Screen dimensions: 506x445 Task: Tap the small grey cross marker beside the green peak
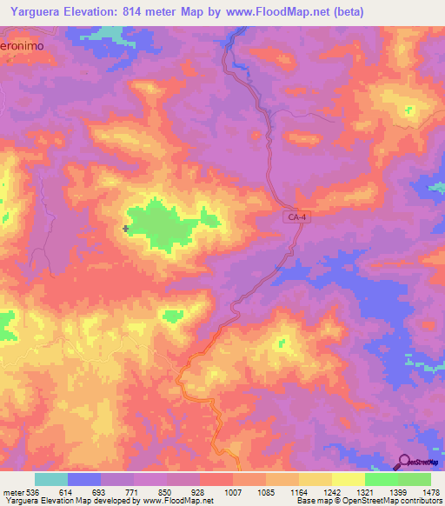click(x=127, y=229)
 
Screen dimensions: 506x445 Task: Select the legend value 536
click(x=34, y=491)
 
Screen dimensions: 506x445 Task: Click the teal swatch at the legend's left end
click(x=51, y=479)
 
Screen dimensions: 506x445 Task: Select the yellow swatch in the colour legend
click(x=348, y=479)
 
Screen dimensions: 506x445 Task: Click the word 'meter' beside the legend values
click(x=12, y=491)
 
